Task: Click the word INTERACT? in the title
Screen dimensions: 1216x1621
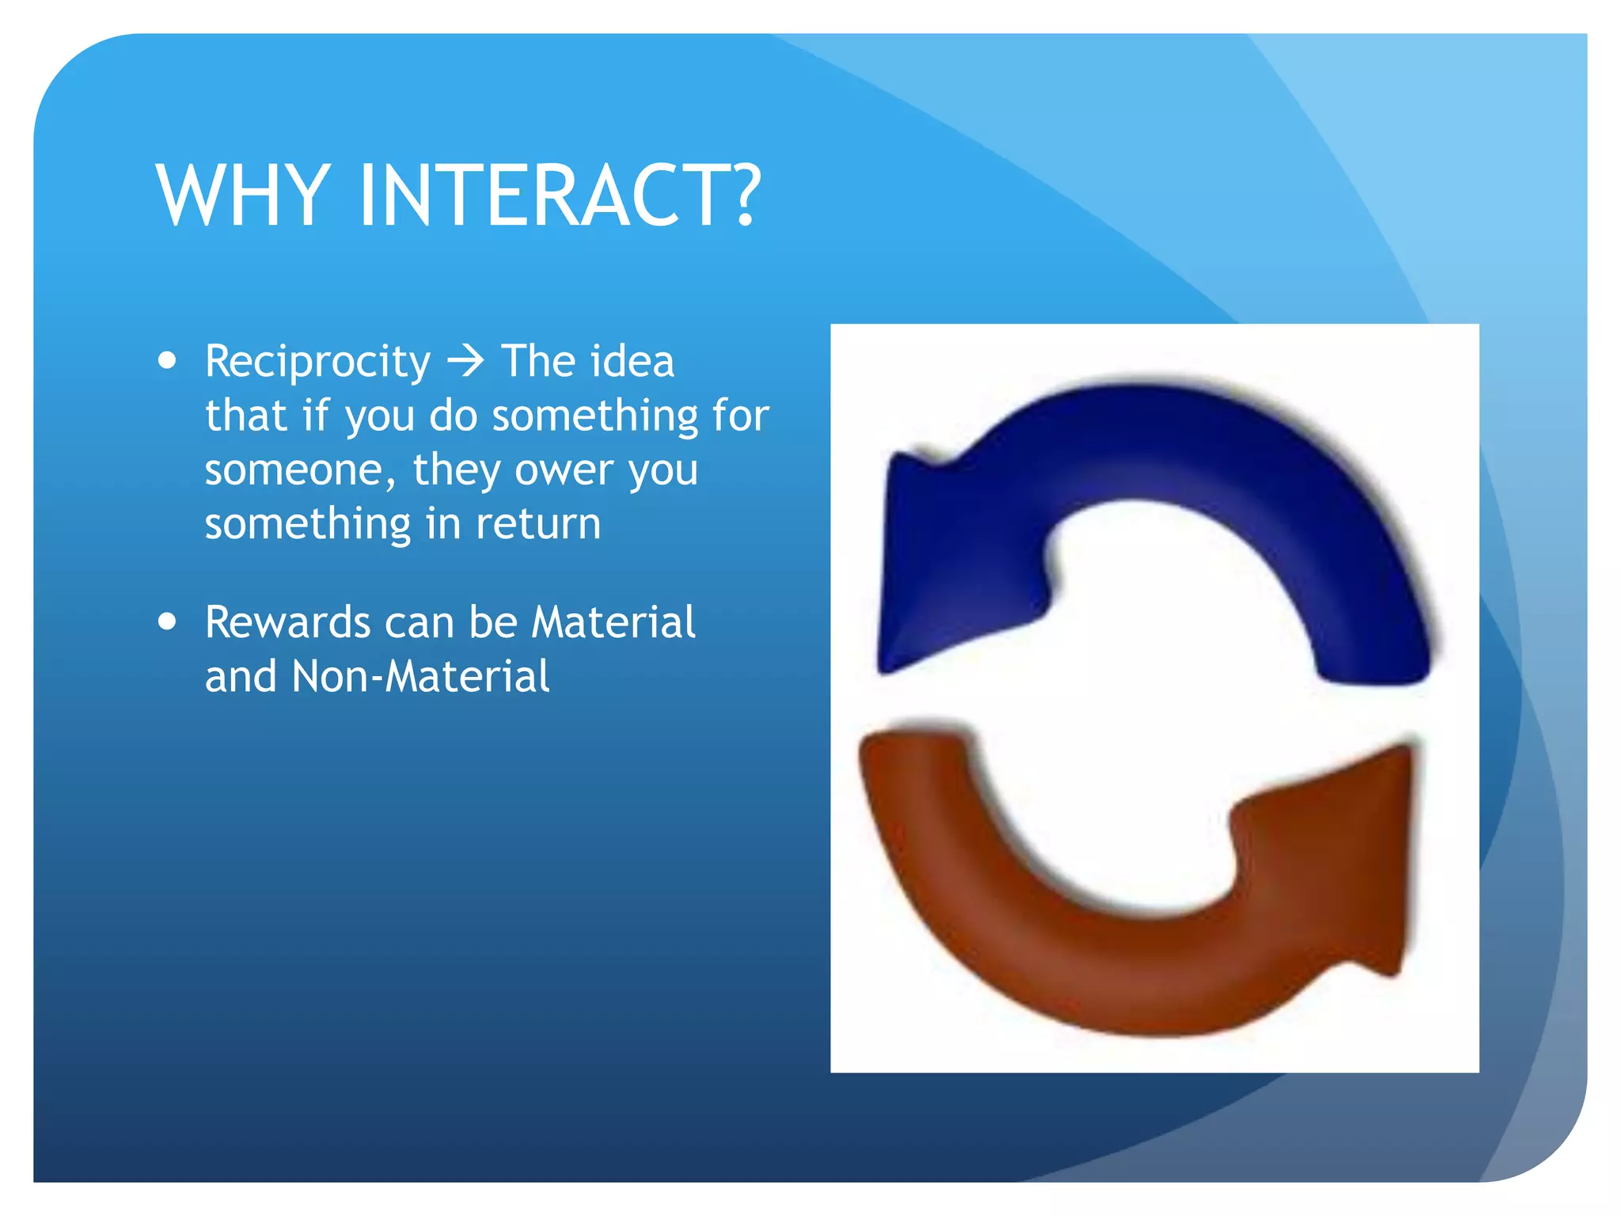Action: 560,196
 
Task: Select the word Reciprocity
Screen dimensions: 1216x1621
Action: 317,363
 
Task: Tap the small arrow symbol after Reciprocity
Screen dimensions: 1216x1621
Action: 465,362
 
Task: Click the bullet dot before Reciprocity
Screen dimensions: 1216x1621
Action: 167,361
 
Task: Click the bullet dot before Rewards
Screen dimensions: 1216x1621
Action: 167,621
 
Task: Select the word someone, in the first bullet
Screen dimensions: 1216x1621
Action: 300,470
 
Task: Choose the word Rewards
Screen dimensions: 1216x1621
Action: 287,622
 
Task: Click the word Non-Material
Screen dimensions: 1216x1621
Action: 420,677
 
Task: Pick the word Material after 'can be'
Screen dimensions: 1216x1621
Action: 613,622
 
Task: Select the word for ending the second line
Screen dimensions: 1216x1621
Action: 741,416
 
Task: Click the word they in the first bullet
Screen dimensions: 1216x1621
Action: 457,470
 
